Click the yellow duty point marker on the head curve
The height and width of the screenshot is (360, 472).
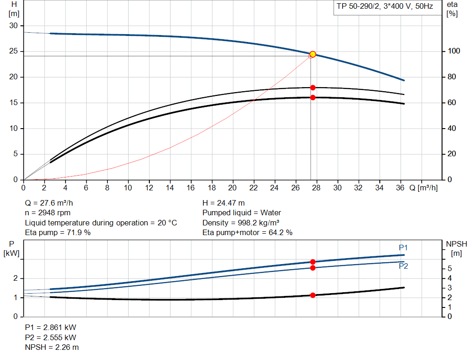coord(313,54)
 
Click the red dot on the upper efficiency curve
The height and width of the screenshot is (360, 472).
coord(313,88)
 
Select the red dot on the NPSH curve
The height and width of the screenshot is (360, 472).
coord(313,295)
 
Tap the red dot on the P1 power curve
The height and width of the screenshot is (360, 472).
coord(313,262)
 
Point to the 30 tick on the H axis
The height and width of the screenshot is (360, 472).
coord(14,26)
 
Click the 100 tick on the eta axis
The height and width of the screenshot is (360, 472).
coord(452,51)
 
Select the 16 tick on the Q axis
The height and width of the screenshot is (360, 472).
coord(191,188)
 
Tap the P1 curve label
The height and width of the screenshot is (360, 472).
coord(403,248)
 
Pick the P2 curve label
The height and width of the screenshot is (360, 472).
coord(403,266)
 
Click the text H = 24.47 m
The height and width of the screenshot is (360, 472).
coord(224,203)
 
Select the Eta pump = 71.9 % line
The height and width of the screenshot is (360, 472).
coord(58,233)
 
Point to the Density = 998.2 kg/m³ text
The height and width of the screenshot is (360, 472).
coord(242,223)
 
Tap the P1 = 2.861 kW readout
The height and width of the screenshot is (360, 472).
coord(50,327)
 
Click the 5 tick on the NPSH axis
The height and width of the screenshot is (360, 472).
coord(449,269)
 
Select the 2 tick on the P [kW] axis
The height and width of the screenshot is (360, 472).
coord(15,278)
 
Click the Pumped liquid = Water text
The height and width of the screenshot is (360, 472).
coord(242,213)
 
